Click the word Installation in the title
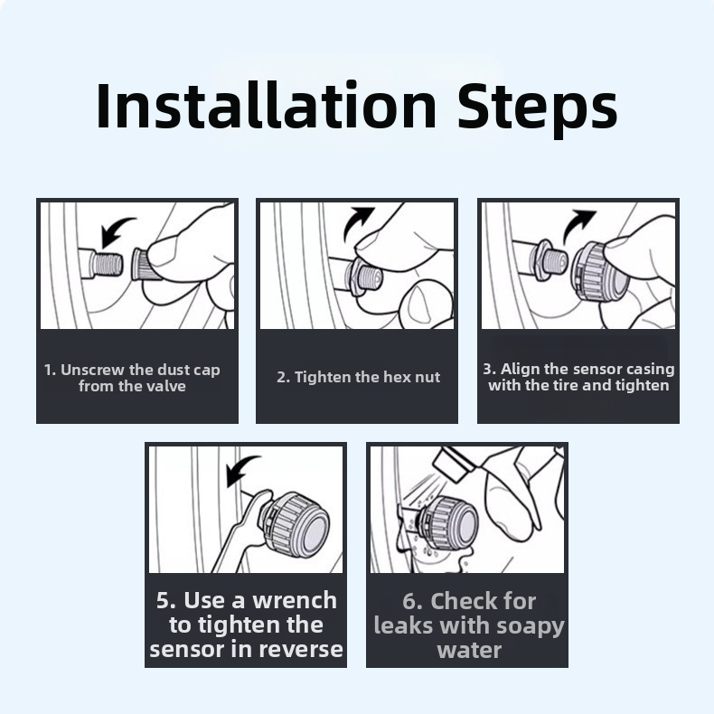click(x=267, y=106)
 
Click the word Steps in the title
click(x=538, y=109)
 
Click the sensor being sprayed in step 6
click(x=448, y=522)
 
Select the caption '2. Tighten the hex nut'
click(x=359, y=377)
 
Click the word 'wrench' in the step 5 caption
click(x=295, y=601)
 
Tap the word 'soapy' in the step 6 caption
click(x=530, y=627)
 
